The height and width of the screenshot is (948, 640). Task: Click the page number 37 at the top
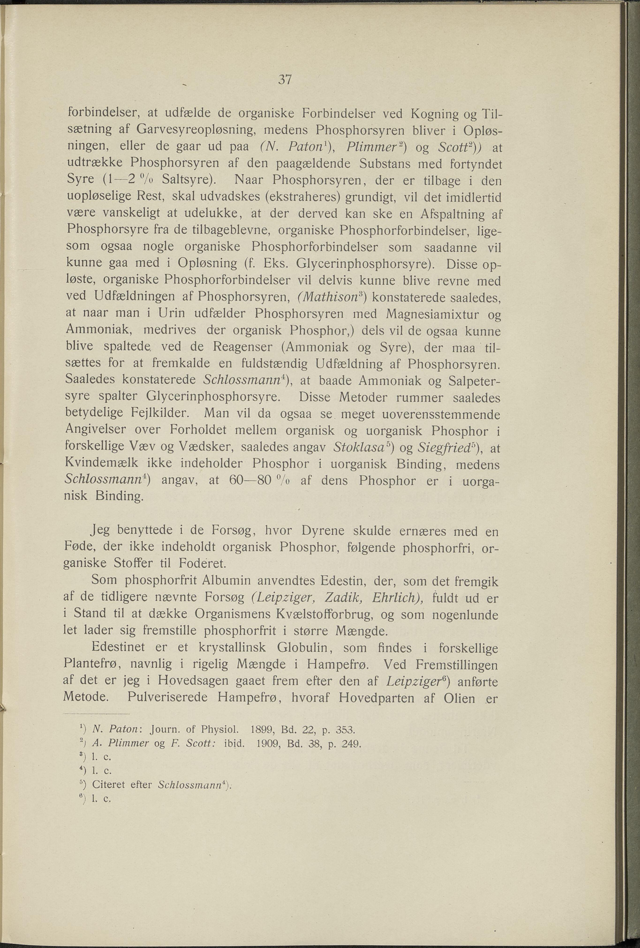click(x=285, y=79)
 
